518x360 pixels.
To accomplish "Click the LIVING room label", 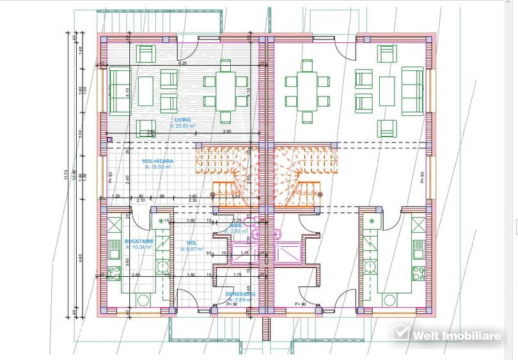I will click(x=182, y=120).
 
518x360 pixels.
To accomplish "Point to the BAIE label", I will click(x=236, y=225).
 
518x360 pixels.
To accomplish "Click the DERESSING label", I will click(x=240, y=294).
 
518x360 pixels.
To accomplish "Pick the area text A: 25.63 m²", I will click(x=182, y=126).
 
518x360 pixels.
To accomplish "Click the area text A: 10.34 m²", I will click(x=139, y=247).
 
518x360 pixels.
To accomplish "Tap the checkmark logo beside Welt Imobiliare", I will click(x=400, y=333).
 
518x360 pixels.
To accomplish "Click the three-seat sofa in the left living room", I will click(x=120, y=91).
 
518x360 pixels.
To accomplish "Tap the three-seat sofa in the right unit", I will click(x=412, y=91).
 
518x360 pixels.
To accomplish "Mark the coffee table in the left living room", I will click(x=146, y=91).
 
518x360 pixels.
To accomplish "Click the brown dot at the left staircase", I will click(x=213, y=193).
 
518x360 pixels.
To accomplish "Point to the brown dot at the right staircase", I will click(x=320, y=193).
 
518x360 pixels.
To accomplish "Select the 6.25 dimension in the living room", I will click(x=182, y=63).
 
